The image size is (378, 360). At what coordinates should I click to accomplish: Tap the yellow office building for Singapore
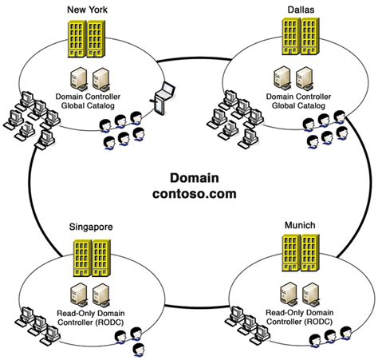tap(90, 255)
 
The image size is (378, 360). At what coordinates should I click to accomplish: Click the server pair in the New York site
tap(89, 78)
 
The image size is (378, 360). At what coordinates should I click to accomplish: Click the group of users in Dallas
tap(325, 129)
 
